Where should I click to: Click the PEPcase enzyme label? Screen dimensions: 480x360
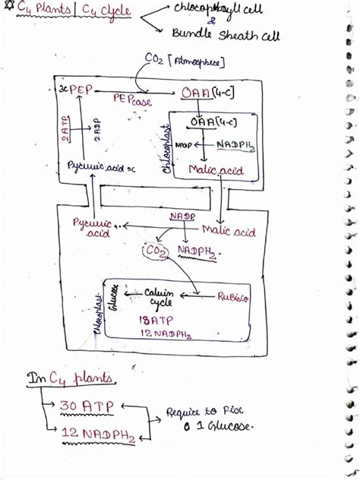[x=132, y=99]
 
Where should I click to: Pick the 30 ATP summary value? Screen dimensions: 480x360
[x=87, y=407]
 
